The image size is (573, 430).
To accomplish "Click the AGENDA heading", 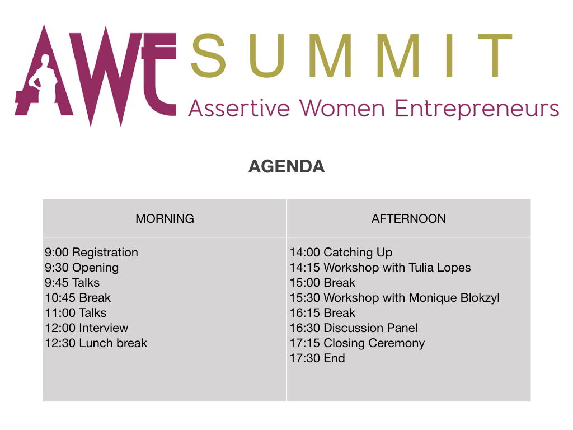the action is (x=286, y=166).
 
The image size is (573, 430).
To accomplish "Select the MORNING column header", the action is (x=165, y=219).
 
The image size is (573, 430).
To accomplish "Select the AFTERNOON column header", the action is (x=408, y=219).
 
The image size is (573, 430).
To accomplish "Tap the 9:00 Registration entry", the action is (x=91, y=253).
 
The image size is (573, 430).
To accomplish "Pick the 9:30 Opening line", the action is (x=82, y=268).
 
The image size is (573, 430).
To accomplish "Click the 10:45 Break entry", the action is (x=78, y=298).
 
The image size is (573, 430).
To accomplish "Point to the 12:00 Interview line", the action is (x=87, y=328).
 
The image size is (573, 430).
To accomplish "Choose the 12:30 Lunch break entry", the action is (x=96, y=343).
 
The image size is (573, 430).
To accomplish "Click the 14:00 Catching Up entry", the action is (x=341, y=253).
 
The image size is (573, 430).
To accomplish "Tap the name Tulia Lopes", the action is (x=440, y=268).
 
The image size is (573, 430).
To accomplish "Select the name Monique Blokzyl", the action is (x=454, y=298).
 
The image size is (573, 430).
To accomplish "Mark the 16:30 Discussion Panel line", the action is (x=354, y=328).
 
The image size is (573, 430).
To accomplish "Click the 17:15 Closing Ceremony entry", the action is (x=358, y=343).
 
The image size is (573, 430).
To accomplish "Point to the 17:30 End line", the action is (x=317, y=358).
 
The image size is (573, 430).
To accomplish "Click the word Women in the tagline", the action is (x=342, y=109).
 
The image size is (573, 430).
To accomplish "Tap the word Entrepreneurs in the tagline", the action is (x=477, y=109).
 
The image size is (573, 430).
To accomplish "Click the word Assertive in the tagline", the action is (x=239, y=109).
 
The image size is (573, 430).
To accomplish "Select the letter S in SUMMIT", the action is (x=208, y=55).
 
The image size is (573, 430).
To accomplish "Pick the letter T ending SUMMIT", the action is (x=495, y=55).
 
